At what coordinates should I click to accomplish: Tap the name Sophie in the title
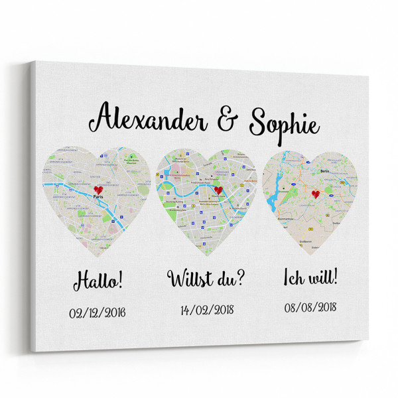[x=283, y=124]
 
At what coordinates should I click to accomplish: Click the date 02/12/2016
[x=97, y=312]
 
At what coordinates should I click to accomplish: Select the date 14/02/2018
[x=206, y=309]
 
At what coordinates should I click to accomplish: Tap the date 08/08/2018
[x=310, y=306]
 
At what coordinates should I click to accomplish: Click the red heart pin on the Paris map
[x=99, y=190]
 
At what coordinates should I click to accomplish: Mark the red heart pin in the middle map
[x=218, y=191]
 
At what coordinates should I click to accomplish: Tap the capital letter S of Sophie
[x=260, y=123]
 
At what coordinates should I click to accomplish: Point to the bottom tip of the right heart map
[x=310, y=256]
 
